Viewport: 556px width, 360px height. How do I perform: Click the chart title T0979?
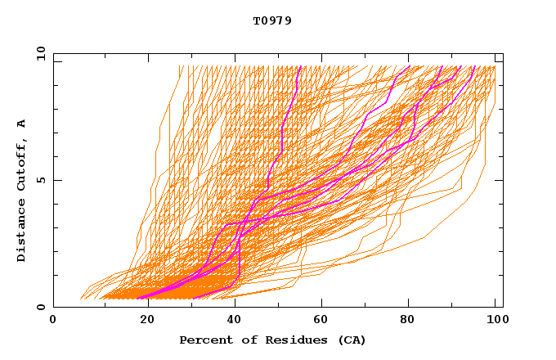[272, 21]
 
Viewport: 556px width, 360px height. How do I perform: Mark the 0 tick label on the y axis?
[41, 307]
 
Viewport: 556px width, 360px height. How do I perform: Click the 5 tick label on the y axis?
[41, 180]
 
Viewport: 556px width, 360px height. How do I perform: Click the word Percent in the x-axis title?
[203, 340]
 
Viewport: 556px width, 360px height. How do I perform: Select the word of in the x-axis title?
[241, 340]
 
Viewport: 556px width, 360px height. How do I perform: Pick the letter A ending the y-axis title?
[22, 124]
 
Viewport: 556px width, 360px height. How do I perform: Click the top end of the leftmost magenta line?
[301, 65]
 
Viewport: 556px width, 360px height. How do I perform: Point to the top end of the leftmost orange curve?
[182, 65]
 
